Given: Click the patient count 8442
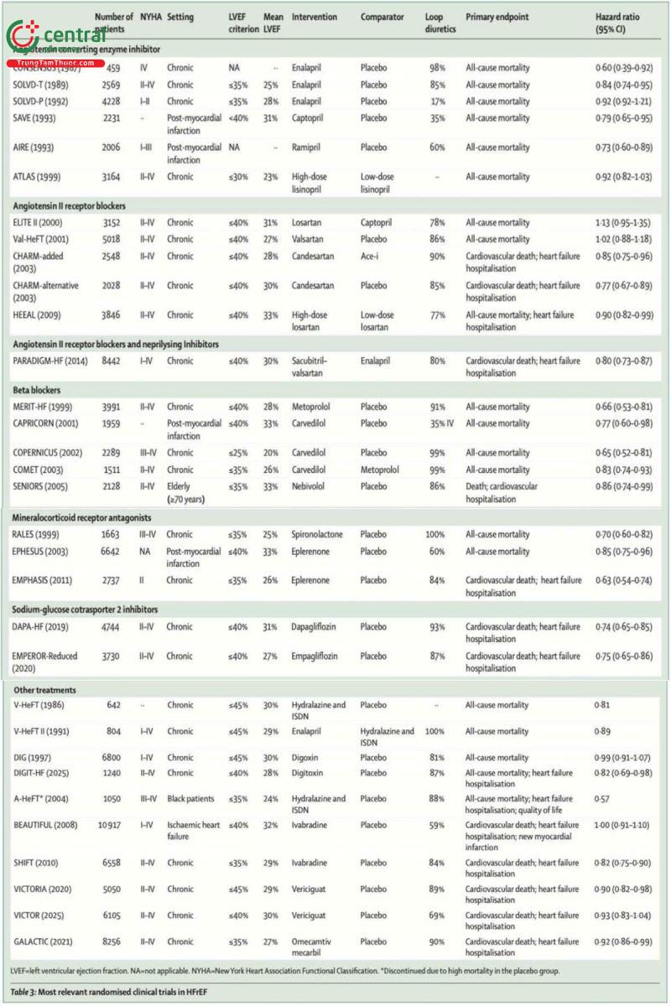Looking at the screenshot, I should point(110,360).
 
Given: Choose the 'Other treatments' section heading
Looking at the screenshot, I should point(44,689).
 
